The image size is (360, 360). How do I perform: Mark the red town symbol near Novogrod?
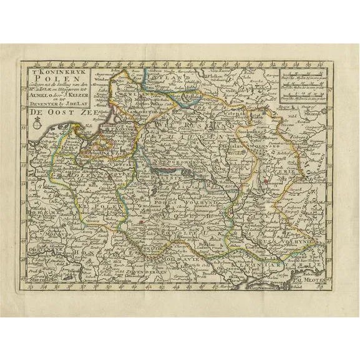tap(266, 182)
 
